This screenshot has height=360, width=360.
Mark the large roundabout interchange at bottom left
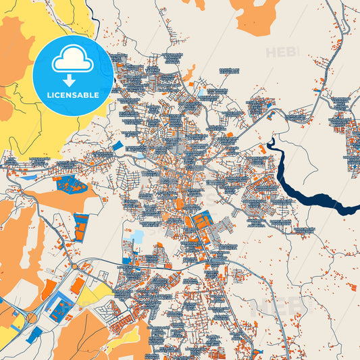[30, 317]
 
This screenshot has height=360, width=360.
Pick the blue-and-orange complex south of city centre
[201, 223]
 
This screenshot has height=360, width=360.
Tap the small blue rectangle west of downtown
[118, 146]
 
